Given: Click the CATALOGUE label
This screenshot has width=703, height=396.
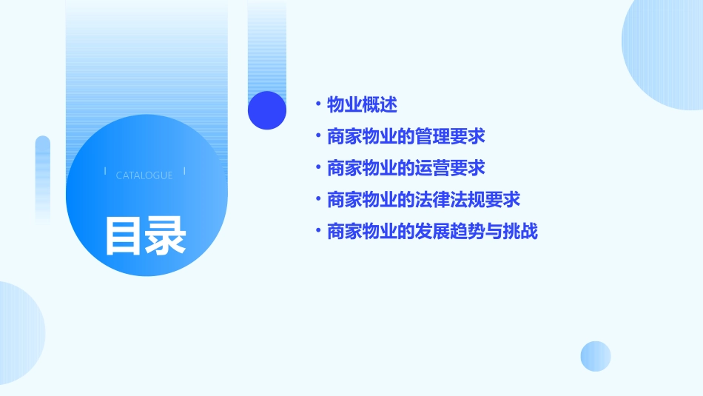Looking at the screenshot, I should [x=144, y=175].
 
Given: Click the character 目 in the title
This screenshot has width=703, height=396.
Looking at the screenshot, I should [x=124, y=235].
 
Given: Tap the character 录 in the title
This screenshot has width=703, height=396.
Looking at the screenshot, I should [x=166, y=235].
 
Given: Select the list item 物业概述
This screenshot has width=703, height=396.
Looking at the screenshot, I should [x=362, y=105].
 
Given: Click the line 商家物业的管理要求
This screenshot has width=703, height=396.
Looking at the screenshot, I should [x=406, y=137].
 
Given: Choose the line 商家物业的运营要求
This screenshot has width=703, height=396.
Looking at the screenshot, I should [x=406, y=168].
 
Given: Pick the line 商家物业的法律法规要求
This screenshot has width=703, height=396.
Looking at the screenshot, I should [x=423, y=200].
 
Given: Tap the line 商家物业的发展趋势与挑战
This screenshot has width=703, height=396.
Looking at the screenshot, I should [x=432, y=232].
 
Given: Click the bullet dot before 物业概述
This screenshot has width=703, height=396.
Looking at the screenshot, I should [x=317, y=105].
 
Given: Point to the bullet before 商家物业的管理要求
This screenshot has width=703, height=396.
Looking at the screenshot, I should [x=317, y=137].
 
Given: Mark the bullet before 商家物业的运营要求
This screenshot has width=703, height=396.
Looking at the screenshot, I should [x=317, y=168].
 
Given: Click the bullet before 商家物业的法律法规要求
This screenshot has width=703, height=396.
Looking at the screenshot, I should [x=317, y=200].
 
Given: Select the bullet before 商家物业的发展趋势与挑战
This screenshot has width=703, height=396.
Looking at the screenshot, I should [x=317, y=232].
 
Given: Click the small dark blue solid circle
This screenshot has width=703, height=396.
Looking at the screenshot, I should [x=267, y=110].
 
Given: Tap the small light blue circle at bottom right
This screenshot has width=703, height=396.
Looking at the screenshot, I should [x=596, y=356].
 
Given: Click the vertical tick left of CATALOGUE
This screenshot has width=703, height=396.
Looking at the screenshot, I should [x=105, y=171].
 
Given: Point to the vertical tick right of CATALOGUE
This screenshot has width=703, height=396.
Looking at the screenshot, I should [x=184, y=171].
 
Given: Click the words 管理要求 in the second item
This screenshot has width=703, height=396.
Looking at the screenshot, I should [x=451, y=137].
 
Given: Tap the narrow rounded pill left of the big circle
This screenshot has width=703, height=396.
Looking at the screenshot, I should [x=43, y=178].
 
